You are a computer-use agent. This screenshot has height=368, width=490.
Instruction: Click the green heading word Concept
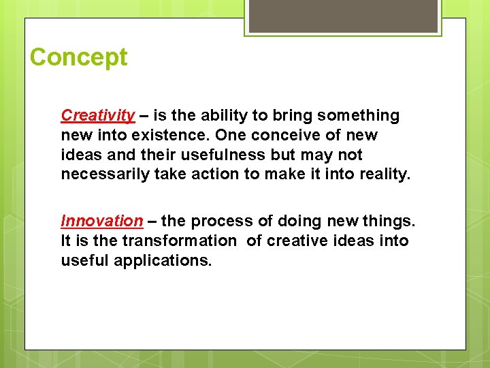[x=78, y=57]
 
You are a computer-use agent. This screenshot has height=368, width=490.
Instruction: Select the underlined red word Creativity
[x=98, y=116]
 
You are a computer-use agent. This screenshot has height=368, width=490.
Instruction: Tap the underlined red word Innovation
[x=102, y=221]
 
